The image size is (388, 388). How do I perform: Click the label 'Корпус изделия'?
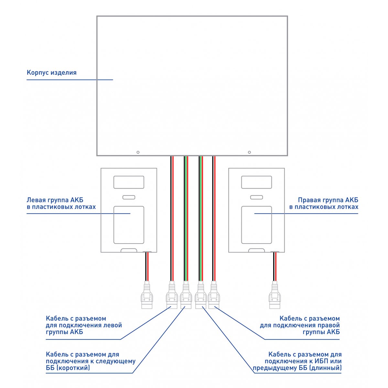pos(51,72)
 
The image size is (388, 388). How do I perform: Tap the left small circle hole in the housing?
pos(138,152)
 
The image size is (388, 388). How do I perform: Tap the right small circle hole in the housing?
pos(249,152)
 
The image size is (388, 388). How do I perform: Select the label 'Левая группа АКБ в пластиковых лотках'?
pos(61,203)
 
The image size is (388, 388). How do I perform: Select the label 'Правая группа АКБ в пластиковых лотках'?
pos(324,203)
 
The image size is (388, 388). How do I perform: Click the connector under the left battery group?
pos(147,295)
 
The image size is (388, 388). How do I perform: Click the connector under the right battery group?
pos(275,295)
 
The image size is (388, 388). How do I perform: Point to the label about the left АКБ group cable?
pos(84,325)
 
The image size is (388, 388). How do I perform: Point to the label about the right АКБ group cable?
pos(300,325)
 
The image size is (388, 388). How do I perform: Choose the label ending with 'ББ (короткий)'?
pos(91,361)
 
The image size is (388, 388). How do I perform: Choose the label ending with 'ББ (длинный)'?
pos(297,361)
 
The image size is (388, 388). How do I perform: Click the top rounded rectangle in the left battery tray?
pos(129,182)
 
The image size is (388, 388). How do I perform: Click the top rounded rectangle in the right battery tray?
pos(256,182)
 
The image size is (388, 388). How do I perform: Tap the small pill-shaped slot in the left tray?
pos(129,197)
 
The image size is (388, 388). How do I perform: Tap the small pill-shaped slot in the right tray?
pos(256,197)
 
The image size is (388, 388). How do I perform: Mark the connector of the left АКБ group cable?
pos(172,295)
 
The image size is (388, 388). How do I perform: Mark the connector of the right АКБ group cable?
pos(214,295)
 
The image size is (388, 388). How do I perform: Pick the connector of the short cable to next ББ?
pos(186,295)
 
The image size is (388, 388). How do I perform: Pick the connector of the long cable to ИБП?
pos(201,295)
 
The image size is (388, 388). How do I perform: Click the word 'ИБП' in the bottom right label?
pos(322,361)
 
